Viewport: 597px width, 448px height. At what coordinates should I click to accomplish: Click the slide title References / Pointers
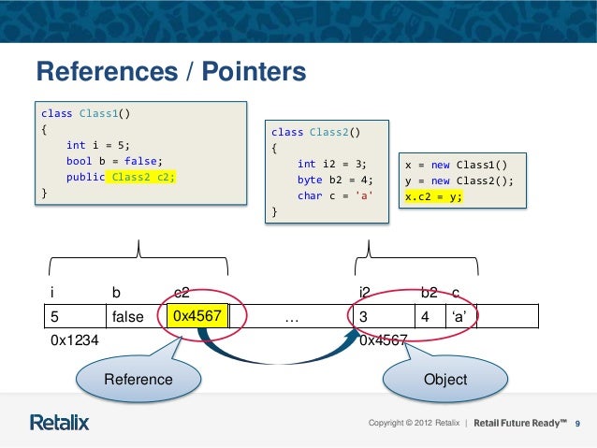click(x=170, y=72)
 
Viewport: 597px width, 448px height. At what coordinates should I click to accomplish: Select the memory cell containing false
click(x=128, y=317)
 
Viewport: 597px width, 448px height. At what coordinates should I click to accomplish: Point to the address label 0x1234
click(x=76, y=341)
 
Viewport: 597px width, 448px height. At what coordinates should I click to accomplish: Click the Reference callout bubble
click(x=138, y=379)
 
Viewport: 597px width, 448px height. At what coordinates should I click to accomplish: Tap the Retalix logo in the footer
click(x=60, y=423)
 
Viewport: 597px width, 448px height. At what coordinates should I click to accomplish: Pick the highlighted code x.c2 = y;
click(x=433, y=197)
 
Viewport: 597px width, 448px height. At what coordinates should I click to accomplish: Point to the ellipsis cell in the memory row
click(x=291, y=317)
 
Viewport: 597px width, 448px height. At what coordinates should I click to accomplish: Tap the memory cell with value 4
click(x=426, y=316)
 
